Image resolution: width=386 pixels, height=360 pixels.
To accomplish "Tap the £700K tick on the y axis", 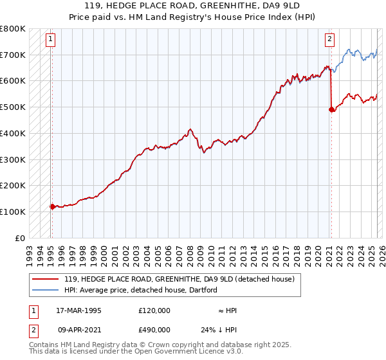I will click(14, 55).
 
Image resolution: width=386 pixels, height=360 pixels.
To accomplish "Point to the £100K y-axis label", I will click(14, 212).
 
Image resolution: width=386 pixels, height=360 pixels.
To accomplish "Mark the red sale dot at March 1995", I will click(52, 206).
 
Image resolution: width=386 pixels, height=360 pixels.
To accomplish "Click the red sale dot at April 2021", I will click(331, 109).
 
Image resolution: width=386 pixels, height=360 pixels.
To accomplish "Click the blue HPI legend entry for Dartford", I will click(140, 290).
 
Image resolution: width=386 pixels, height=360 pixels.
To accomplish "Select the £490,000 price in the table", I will click(154, 329).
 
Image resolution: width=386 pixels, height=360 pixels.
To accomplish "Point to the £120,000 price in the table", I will click(154, 310).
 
